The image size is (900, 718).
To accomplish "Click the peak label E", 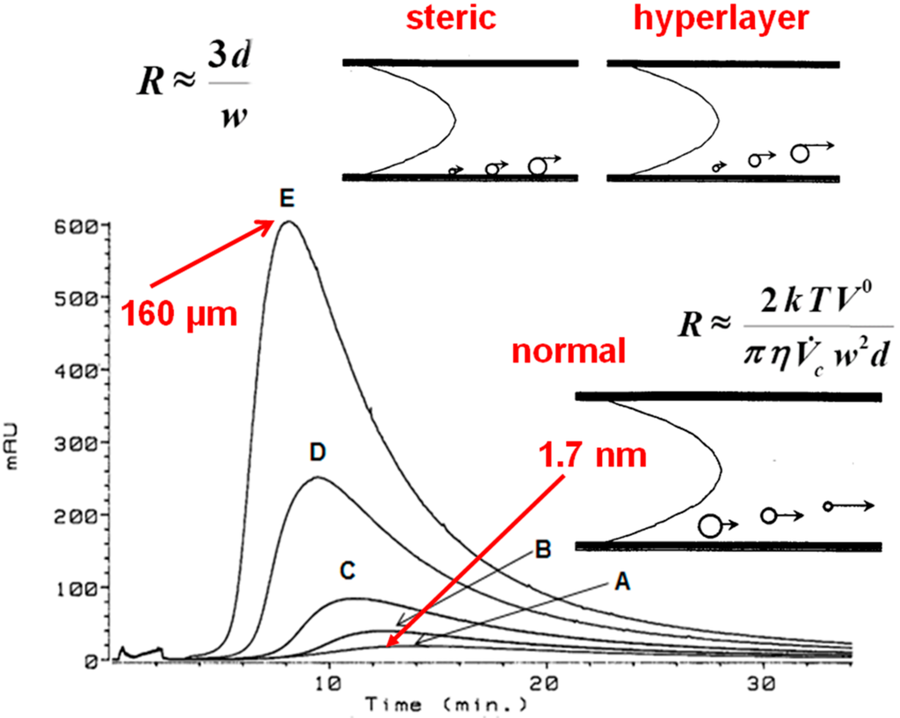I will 286,201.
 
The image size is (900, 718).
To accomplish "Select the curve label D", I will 317,452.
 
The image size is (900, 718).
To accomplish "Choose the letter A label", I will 623,582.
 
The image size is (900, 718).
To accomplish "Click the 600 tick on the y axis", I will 77,226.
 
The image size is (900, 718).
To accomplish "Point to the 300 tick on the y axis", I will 77,443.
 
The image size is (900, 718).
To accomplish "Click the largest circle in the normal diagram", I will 710,525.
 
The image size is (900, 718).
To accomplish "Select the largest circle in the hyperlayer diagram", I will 799,153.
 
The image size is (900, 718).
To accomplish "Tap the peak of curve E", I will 288,222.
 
